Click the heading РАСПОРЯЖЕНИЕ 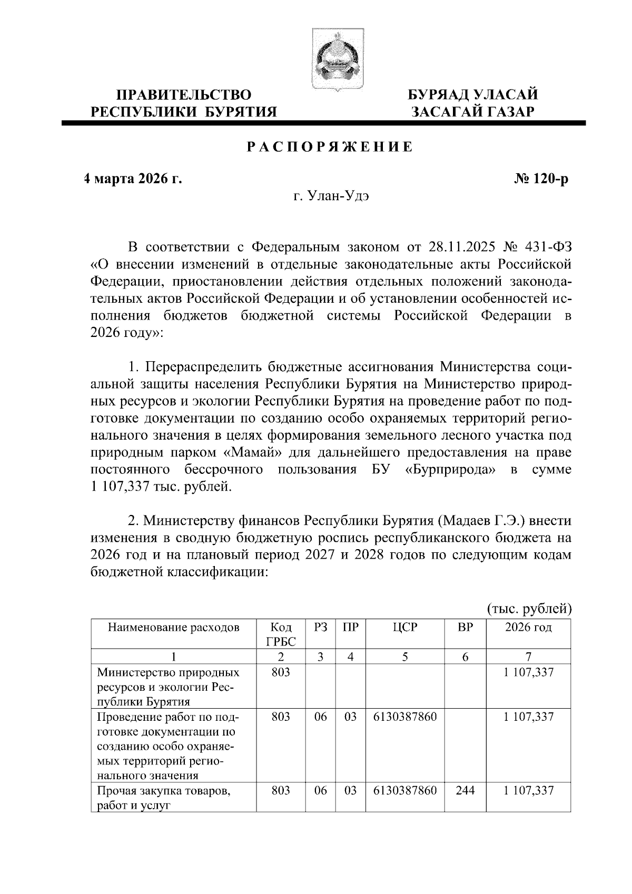[330, 147]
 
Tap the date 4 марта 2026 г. [133, 179]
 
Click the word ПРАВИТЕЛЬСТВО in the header [183, 95]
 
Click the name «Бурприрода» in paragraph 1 [452, 469]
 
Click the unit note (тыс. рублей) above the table [528, 609]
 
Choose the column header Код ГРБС [281, 634]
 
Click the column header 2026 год [528, 627]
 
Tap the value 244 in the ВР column [465, 790]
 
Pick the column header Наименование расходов [173, 627]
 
